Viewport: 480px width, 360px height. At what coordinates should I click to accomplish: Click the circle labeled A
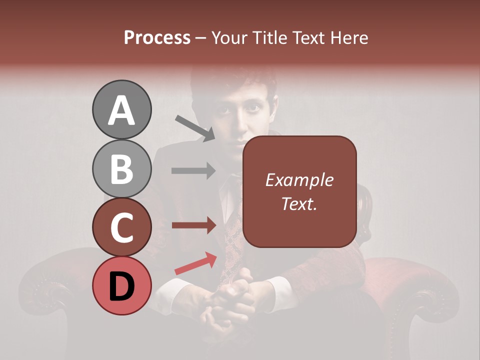[121, 110]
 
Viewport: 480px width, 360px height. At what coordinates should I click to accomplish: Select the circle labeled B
[121, 168]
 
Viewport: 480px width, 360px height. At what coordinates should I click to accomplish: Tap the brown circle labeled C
[121, 227]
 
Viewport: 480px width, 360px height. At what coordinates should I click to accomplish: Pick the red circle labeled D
[121, 285]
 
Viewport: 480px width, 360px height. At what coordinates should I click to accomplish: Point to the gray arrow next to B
[193, 171]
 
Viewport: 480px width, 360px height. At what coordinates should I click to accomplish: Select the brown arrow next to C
[193, 225]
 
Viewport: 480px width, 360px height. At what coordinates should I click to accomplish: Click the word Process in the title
[157, 37]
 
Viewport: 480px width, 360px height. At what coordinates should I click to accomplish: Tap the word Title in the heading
[269, 37]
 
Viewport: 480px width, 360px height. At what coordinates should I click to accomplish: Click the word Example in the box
[299, 180]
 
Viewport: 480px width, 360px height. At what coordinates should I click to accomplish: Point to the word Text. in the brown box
[299, 203]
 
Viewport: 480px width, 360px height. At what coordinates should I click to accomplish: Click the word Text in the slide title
[308, 37]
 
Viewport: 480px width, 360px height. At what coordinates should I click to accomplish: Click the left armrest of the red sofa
[50, 285]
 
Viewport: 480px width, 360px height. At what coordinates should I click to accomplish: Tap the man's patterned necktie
[233, 235]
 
